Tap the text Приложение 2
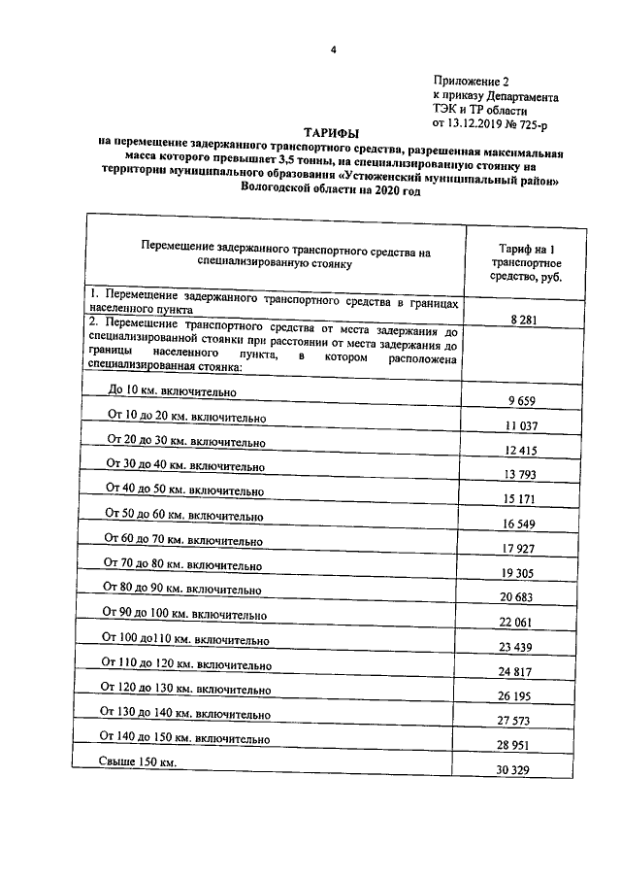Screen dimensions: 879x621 coord(470,85)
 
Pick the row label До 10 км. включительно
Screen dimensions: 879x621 coord(173,390)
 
